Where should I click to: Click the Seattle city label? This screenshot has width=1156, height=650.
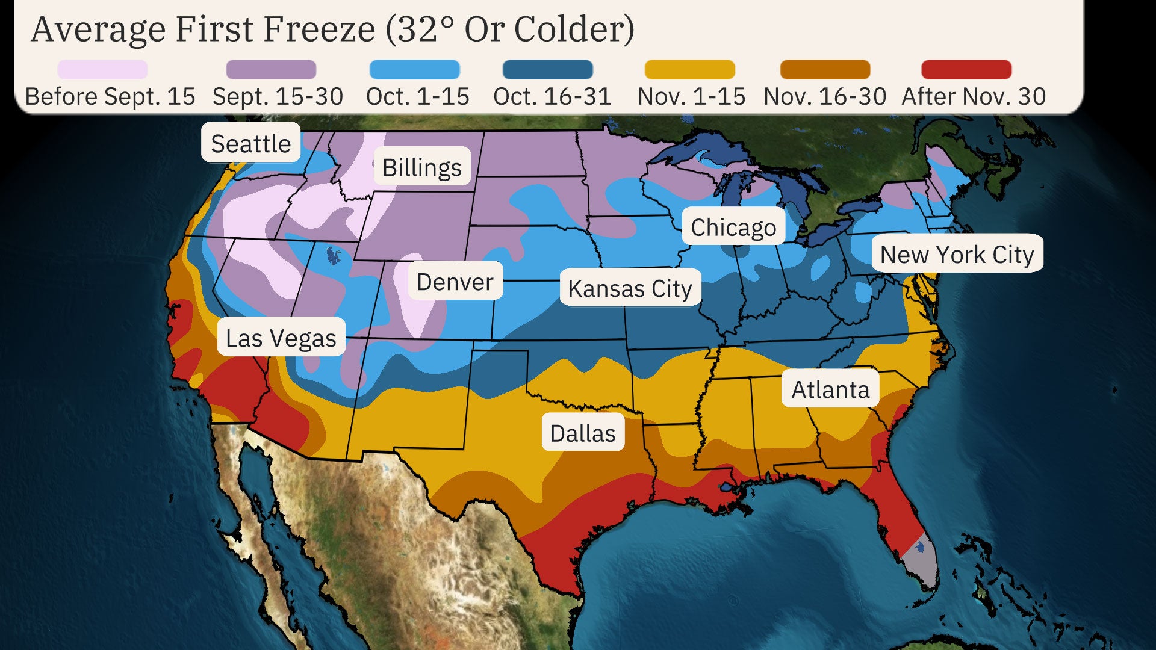250,143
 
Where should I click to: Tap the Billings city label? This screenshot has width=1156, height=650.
421,167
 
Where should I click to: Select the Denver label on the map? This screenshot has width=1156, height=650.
455,281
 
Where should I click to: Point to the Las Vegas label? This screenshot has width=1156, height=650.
281,338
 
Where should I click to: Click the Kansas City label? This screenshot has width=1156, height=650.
630,288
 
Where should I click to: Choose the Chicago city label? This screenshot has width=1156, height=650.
733,227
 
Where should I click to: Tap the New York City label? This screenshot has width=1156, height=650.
957,254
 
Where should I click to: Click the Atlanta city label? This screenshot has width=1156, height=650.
830,389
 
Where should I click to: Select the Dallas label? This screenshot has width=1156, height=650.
582,433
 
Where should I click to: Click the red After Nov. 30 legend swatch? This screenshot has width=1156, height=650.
966,70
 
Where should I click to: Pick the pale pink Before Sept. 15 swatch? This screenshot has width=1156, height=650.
102,70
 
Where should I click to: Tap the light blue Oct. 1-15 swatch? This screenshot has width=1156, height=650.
414,70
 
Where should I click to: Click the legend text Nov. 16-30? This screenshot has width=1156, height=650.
824,96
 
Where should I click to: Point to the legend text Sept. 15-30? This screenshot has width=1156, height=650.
278,96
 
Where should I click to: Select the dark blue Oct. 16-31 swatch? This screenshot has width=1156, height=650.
547,70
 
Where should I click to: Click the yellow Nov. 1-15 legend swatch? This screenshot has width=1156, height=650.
689,70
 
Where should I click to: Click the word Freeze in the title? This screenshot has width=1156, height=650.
319,29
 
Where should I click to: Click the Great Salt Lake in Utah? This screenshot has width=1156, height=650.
332,256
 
